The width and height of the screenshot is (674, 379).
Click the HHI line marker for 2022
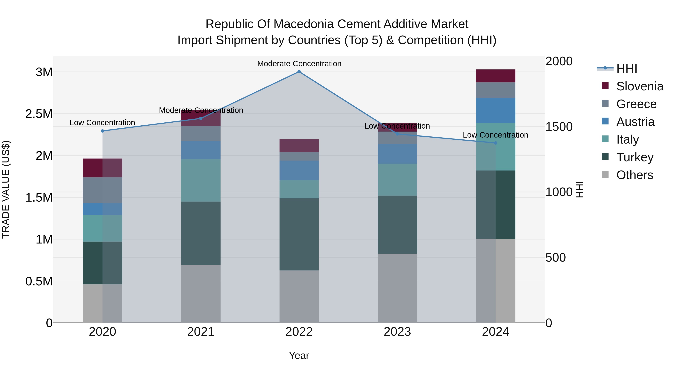pyautogui.click(x=299, y=72)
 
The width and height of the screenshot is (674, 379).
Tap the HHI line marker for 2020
pyautogui.click(x=103, y=131)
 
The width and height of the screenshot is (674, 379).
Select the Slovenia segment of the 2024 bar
pyautogui.click(x=496, y=76)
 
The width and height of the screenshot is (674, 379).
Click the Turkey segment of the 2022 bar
pyautogui.click(x=299, y=234)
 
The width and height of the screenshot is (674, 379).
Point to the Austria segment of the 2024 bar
pyautogui.click(x=496, y=110)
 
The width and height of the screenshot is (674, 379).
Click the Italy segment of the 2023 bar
pyautogui.click(x=397, y=179)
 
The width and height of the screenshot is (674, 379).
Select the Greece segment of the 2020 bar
pyautogui.click(x=103, y=190)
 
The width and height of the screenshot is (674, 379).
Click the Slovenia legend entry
pyautogui.click(x=640, y=86)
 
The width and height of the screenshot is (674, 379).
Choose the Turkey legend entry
pyautogui.click(x=635, y=157)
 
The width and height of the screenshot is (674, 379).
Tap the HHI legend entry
pyautogui.click(x=626, y=69)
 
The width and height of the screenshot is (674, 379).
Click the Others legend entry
pyautogui.click(x=634, y=175)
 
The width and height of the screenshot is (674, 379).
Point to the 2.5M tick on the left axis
pyautogui.click(x=39, y=114)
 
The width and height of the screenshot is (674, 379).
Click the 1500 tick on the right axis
pyautogui.click(x=559, y=127)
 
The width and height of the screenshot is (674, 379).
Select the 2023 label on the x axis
pyautogui.click(x=397, y=332)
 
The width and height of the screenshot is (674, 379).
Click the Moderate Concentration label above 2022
pyautogui.click(x=299, y=64)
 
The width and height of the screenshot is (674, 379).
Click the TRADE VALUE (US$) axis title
pyautogui.click(x=6, y=189)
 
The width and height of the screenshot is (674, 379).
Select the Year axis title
pyautogui.click(x=299, y=355)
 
